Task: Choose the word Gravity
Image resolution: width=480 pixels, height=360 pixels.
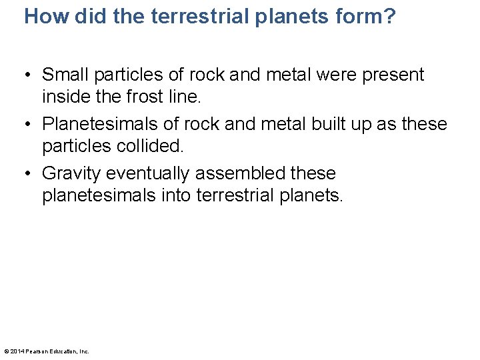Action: [x=71, y=173]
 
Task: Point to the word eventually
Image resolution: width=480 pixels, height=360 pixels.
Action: [x=147, y=173]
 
